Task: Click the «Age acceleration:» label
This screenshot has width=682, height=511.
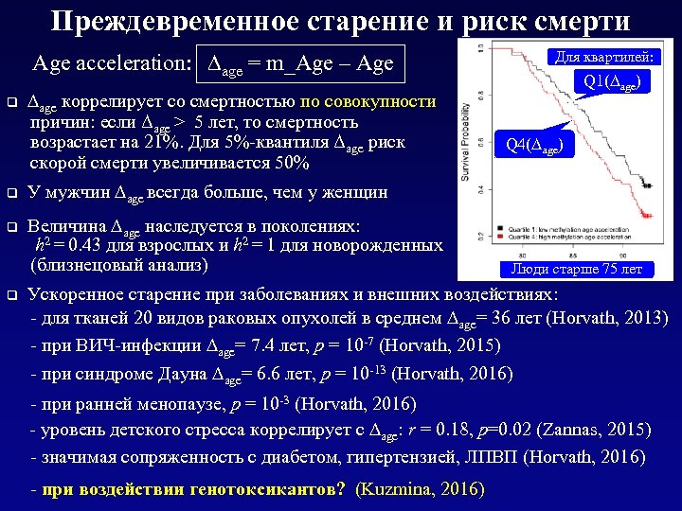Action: [111, 64]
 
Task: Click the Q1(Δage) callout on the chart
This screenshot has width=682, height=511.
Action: [617, 82]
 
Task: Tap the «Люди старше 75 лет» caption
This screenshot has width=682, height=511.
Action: [576, 269]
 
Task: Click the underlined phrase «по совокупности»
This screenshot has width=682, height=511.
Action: [368, 102]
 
